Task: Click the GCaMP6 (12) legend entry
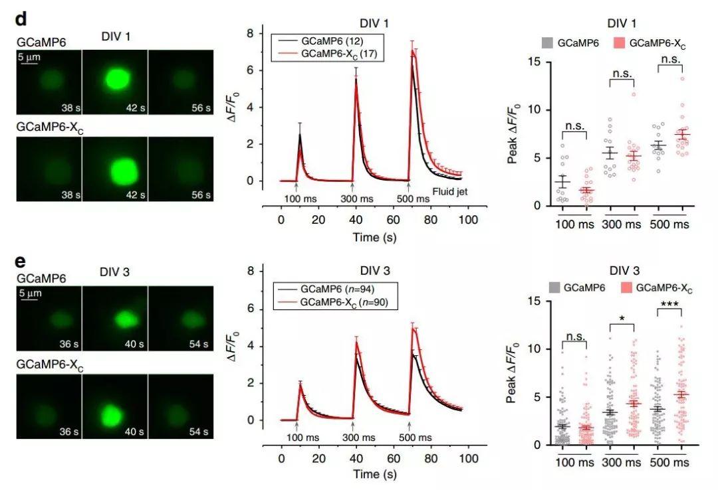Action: pos(322,41)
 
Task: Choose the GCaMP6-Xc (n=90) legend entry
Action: pos(340,302)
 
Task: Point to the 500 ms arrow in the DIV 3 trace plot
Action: pos(409,426)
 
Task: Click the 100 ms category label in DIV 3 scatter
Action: pos(574,462)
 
